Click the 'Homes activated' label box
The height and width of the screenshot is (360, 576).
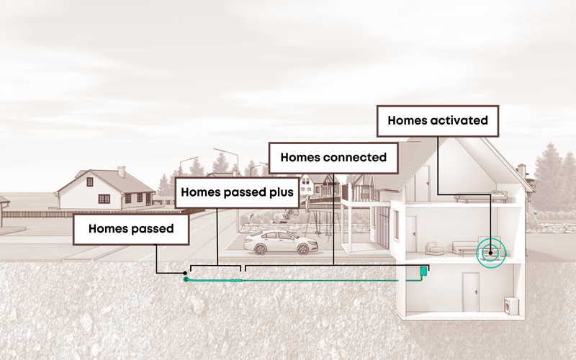click(x=438, y=121)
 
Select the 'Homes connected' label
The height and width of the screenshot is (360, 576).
click(x=333, y=157)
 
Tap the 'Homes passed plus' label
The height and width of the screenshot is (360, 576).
click(x=238, y=192)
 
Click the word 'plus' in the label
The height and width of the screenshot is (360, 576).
click(x=282, y=192)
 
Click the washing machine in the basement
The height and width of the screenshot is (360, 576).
click(x=512, y=307)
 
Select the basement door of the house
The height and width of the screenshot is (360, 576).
click(x=471, y=296)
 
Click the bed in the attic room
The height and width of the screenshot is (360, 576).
click(x=497, y=194)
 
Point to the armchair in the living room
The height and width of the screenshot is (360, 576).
click(x=435, y=248)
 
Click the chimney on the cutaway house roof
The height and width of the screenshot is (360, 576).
click(x=522, y=171)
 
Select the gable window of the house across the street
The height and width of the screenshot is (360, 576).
click(x=90, y=181)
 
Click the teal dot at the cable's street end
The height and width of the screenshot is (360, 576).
click(x=186, y=279)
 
